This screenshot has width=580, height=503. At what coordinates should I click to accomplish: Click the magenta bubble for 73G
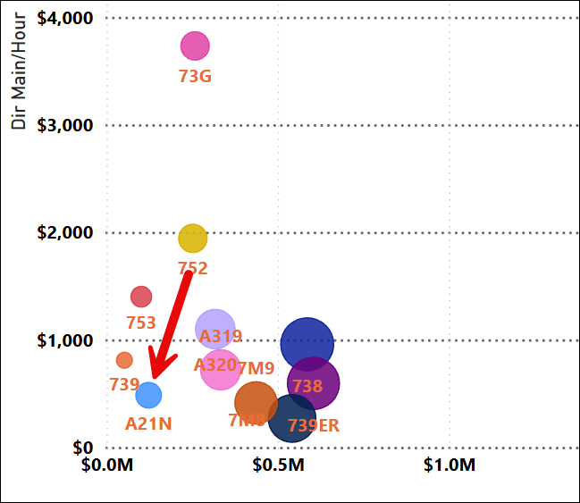point(195,46)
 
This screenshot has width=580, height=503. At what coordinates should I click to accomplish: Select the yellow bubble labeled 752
point(192,238)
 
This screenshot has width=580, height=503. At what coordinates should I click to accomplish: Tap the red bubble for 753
point(141,297)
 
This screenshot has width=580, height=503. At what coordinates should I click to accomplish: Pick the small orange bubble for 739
point(124,360)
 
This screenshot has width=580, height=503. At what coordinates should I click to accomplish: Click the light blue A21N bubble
point(148,394)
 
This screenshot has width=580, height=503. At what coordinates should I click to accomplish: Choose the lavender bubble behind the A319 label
point(214,329)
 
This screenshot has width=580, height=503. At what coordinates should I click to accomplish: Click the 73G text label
point(195,76)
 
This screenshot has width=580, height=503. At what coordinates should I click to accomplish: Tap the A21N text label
point(148,423)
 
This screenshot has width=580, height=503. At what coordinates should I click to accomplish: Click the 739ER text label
point(313,426)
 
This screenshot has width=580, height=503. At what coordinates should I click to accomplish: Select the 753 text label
point(141,323)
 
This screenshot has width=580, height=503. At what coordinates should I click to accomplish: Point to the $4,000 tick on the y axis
point(64,18)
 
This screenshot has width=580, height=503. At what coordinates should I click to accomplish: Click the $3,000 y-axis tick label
point(64,125)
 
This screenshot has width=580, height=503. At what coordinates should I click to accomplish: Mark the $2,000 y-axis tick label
point(64,233)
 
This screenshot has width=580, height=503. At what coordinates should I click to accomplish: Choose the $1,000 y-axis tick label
point(64,340)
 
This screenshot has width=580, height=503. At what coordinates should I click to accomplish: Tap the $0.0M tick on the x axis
point(107,465)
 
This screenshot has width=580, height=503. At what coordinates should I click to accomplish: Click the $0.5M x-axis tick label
point(280,465)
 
